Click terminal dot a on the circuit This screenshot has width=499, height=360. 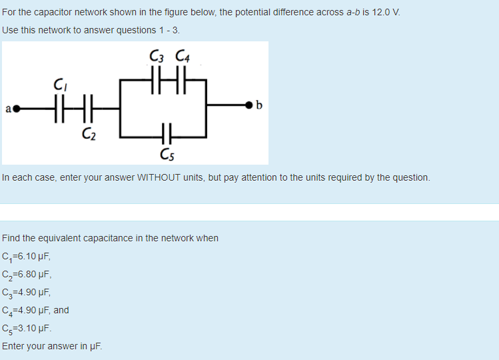(16, 109)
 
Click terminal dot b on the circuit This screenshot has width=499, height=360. (249, 105)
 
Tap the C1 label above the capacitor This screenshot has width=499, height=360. (60, 85)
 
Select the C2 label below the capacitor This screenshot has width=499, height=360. (89, 134)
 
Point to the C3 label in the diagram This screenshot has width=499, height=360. (157, 56)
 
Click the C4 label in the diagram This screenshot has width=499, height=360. (183, 56)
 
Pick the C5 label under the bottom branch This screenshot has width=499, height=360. (167, 155)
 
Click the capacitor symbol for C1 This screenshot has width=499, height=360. (59, 109)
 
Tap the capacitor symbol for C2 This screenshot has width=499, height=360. (88, 109)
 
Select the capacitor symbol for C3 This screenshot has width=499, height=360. (156, 80)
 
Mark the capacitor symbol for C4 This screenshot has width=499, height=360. (181, 80)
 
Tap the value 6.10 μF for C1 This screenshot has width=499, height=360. (34, 256)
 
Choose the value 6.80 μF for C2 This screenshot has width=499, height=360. (35, 274)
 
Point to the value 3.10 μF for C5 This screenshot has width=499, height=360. (35, 328)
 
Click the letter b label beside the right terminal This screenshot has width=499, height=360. (259, 105)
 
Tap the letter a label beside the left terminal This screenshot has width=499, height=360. (8, 109)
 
